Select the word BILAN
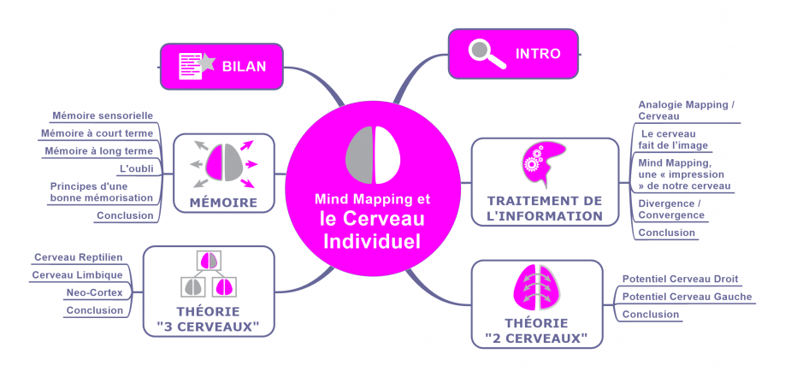coord(245,66)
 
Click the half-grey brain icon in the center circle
coord(373,155)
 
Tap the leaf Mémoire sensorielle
coord(103,115)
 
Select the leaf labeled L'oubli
coord(136,168)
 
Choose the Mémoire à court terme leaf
coord(97,133)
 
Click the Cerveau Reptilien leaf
coord(78,256)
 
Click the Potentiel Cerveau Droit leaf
coord(680,279)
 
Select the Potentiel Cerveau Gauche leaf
coord(687,297)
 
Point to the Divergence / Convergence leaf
coord(671,209)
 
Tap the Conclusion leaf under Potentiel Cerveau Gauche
coord(651,315)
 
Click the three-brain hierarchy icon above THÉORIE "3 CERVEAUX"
coord(210,273)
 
